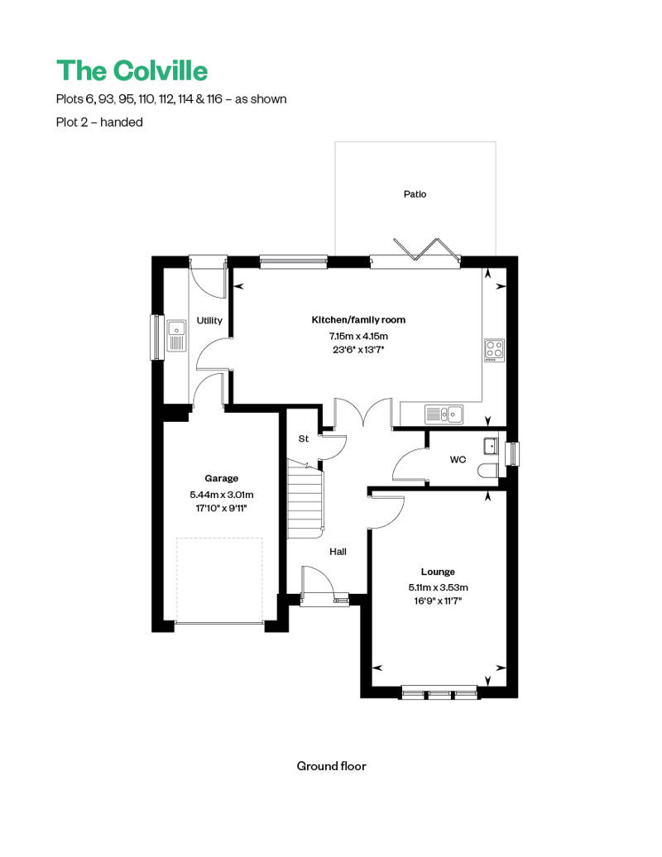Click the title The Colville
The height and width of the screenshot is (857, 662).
click(x=132, y=69)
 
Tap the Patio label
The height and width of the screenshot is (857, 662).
click(x=415, y=194)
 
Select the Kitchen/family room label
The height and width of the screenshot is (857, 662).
click(x=358, y=319)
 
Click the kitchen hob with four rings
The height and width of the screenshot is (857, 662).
click(x=494, y=351)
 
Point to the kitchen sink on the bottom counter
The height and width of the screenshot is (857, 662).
click(x=444, y=413)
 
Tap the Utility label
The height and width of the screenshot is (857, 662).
click(x=209, y=320)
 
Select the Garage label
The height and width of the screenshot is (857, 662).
click(x=221, y=478)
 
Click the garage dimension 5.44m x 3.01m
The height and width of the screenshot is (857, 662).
click(x=221, y=495)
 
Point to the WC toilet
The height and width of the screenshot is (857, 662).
click(x=488, y=471)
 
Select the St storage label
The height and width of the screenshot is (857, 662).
click(x=303, y=438)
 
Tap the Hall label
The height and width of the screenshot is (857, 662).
click(x=338, y=552)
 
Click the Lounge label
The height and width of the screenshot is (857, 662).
click(x=438, y=572)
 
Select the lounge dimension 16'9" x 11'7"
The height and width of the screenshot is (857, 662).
click(x=438, y=601)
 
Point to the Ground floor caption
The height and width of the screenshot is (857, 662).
click(x=331, y=766)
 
